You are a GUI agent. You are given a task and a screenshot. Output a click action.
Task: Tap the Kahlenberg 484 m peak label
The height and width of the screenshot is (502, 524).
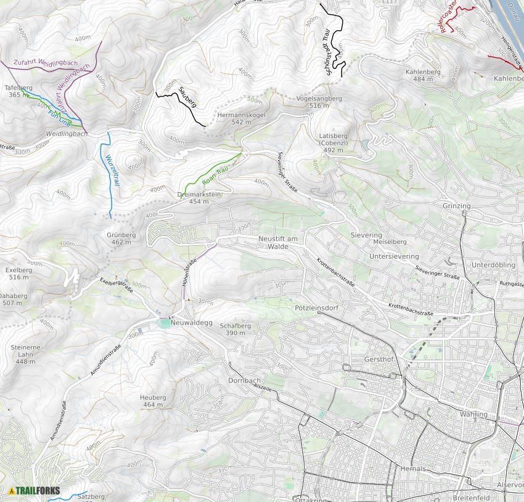click(423, 75)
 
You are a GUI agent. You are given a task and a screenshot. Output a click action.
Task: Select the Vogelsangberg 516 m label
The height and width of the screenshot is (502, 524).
click(319, 102)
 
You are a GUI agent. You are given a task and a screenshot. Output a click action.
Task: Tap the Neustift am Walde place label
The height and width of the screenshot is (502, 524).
click(279, 242)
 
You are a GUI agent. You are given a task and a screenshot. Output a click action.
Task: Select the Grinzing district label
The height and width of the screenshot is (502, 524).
click(456, 206)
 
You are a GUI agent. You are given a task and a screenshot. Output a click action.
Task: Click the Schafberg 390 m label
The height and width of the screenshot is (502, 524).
click(235, 329)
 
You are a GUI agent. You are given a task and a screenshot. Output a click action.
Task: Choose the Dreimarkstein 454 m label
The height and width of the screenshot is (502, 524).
click(199, 198)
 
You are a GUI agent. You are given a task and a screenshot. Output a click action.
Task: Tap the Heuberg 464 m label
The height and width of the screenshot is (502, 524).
click(153, 401)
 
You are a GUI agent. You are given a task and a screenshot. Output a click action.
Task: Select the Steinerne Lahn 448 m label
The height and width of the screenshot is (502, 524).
click(25, 354)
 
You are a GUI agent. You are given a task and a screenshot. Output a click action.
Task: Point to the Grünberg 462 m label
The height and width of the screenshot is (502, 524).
click(121, 238)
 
